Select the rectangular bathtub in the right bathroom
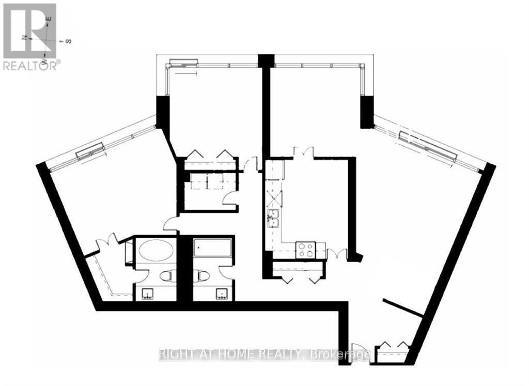pyautogui.click(x=212, y=249)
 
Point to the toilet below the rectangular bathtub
pyautogui.click(x=201, y=275)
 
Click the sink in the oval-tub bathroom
pyautogui.click(x=148, y=294)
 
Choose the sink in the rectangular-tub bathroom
pyautogui.click(x=222, y=294)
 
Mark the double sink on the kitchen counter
pyautogui.click(x=273, y=219)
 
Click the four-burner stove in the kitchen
pyautogui.click(x=306, y=250)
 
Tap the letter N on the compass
pyautogui.click(x=24, y=38)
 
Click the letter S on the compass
pyautogui.click(x=68, y=41)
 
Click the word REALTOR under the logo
pyautogui.click(x=29, y=66)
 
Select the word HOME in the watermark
pyautogui.click(x=240, y=354)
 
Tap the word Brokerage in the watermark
pyautogui.click(x=338, y=354)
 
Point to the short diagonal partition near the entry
pyautogui.click(x=402, y=308)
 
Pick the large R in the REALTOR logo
pyautogui.click(x=29, y=31)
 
